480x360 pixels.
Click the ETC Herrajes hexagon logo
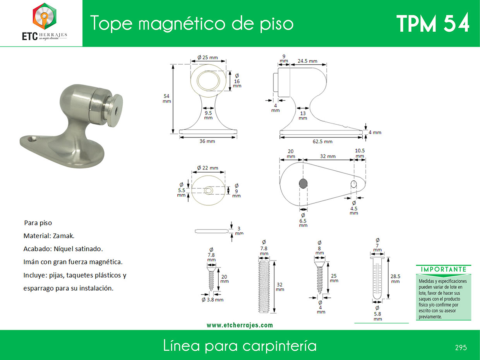tap(45, 16)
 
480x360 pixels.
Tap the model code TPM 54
tap(433, 23)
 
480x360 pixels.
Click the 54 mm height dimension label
tap(166, 99)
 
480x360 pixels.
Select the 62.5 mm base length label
tap(322, 141)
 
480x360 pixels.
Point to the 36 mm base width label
tap(207, 141)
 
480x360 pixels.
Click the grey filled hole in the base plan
tap(303, 183)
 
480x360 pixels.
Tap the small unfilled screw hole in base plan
tap(353, 184)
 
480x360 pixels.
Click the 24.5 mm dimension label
tap(307, 61)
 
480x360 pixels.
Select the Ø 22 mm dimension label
tap(208, 168)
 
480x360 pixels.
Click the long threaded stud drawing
tap(264, 287)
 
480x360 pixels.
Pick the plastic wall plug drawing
tap(377, 278)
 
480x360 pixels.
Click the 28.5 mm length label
tap(395, 279)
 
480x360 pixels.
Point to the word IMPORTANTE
tap(444, 269)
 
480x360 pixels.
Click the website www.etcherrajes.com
tap(240, 325)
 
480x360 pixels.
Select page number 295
tap(461, 348)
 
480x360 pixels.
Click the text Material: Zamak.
tap(49, 236)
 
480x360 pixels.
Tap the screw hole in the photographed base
tap(34, 139)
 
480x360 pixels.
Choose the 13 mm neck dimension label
tap(303, 116)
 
